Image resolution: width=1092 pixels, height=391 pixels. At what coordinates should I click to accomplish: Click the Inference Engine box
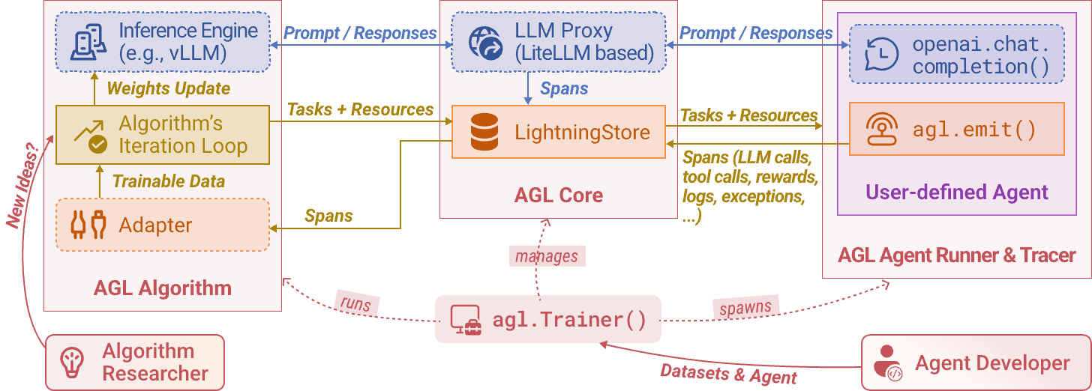pyautogui.click(x=162, y=42)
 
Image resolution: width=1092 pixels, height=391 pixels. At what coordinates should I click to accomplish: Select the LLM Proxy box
pyautogui.click(x=557, y=42)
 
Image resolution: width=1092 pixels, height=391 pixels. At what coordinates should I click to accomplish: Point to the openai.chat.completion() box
pyautogui.click(x=956, y=54)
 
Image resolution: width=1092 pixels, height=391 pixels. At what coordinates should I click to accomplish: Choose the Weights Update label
pyautogui.click(x=168, y=88)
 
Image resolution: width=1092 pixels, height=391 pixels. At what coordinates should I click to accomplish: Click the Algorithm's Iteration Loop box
pyautogui.click(x=163, y=135)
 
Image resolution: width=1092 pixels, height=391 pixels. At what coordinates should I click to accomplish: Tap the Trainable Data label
pyautogui.click(x=168, y=181)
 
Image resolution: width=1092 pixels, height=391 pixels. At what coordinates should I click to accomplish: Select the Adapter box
pyautogui.click(x=162, y=225)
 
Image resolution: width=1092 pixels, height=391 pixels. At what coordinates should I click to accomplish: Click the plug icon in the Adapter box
pyautogui.click(x=88, y=225)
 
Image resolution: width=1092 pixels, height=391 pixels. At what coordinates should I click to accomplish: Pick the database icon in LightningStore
pyautogui.click(x=484, y=133)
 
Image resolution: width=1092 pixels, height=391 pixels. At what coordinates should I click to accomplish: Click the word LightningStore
pyautogui.click(x=582, y=133)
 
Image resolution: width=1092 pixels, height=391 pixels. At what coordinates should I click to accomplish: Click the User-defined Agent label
pyautogui.click(x=956, y=193)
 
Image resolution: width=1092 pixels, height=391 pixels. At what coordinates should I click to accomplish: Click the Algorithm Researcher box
pyautogui.click(x=135, y=363)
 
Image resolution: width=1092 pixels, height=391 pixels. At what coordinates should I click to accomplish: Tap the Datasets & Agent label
pyautogui.click(x=728, y=373)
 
